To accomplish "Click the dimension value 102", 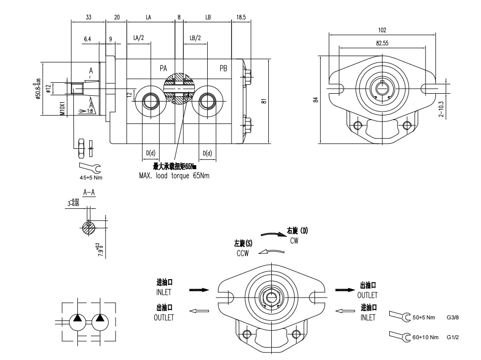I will click(x=381, y=30).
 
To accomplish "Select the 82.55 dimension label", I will click(x=381, y=43).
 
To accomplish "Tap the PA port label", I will click(x=163, y=68).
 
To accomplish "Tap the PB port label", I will click(x=223, y=68).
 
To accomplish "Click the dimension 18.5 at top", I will click(x=240, y=17).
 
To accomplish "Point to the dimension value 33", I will click(x=88, y=17).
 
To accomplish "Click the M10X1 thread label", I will click(x=62, y=109).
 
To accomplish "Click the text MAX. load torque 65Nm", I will click(x=174, y=176).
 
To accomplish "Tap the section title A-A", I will click(x=89, y=192).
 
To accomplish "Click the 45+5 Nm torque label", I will click(x=91, y=177).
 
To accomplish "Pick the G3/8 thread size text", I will click(x=453, y=317).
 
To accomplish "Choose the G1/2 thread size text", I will click(x=453, y=337).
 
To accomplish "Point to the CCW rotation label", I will click(x=242, y=253).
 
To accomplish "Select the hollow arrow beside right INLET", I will click(x=345, y=311).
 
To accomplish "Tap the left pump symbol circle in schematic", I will click(x=78, y=321).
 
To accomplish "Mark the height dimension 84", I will click(x=315, y=100).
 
